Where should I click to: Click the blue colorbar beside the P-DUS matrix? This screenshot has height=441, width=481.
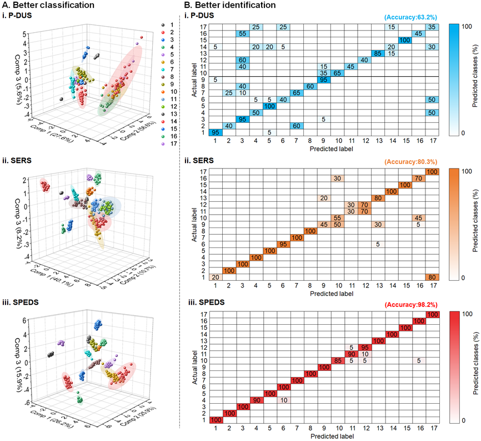click(x=462, y=80)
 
